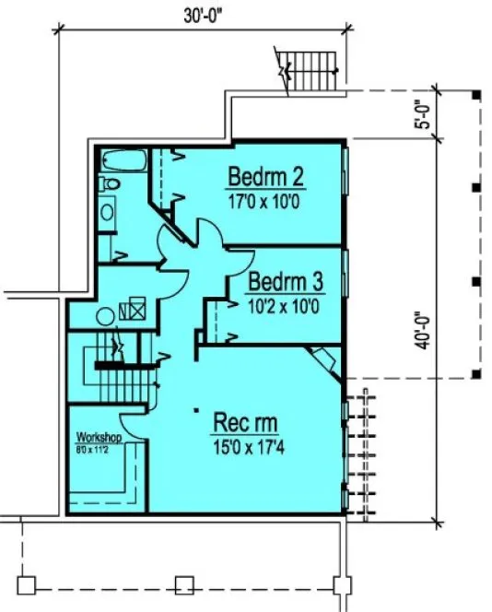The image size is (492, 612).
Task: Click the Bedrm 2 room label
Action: click(x=266, y=175)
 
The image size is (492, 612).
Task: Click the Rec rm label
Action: click(x=245, y=423)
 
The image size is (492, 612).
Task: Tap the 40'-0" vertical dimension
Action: click(x=423, y=328)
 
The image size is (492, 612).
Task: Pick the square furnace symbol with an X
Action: click(x=135, y=310)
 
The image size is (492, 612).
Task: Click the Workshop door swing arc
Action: click(x=134, y=425)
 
